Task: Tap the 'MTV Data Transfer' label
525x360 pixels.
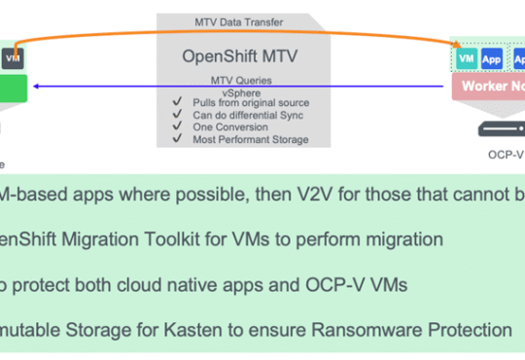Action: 240,21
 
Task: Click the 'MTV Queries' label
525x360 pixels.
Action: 240,79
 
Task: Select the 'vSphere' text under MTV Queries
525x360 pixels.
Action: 239,90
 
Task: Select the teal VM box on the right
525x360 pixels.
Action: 467,58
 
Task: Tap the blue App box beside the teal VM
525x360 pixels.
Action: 491,58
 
